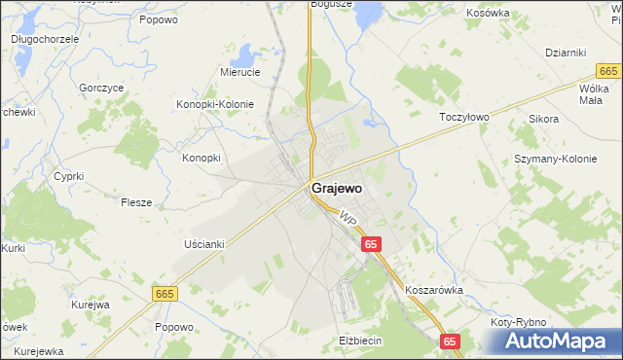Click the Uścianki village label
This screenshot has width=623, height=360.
click(203, 244)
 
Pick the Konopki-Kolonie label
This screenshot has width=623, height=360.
click(214, 104)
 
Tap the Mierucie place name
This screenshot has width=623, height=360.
click(239, 72)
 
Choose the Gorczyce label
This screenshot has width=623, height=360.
click(101, 87)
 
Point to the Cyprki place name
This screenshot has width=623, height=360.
click(68, 176)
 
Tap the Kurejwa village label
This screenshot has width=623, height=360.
click(90, 304)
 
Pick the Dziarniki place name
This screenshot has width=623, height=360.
click(565, 53)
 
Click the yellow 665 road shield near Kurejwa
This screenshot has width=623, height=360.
click(165, 292)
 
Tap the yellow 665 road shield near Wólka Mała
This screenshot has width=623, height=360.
click(608, 71)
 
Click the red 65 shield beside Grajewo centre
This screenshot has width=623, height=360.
click(372, 245)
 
